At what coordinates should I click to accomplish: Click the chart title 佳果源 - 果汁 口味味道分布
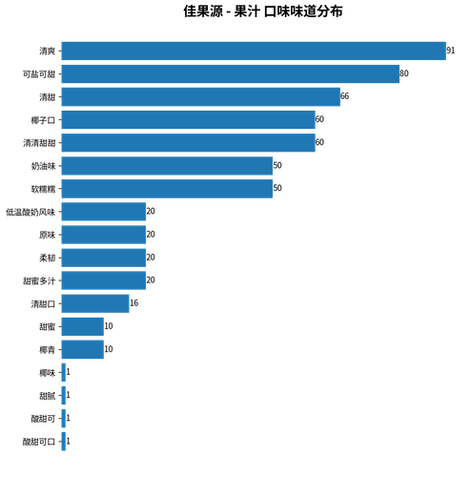(x=263, y=11)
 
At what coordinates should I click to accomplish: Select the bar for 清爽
(x=254, y=51)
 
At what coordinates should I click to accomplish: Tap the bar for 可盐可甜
(x=231, y=73)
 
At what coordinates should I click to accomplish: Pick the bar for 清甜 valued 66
(x=201, y=96)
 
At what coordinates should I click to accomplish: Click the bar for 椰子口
(x=189, y=120)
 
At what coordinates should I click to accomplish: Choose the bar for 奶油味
(x=167, y=166)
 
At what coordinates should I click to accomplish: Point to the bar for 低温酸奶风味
(x=104, y=212)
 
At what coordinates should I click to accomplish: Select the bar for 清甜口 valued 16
(x=95, y=303)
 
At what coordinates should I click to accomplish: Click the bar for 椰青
(x=83, y=349)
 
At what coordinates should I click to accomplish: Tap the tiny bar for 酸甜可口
(x=64, y=442)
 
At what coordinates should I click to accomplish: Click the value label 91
(x=451, y=51)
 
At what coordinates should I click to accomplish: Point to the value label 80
(x=404, y=73)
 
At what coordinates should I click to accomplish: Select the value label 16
(x=133, y=303)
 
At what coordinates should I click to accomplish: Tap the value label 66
(x=344, y=96)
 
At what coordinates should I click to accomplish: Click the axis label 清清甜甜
(x=39, y=143)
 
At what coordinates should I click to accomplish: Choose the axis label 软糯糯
(x=43, y=189)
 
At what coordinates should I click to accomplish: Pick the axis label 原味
(x=48, y=235)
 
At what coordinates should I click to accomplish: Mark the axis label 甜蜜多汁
(x=39, y=280)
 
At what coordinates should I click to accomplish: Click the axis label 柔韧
(x=48, y=258)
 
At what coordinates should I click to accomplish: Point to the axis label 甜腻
(x=48, y=396)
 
